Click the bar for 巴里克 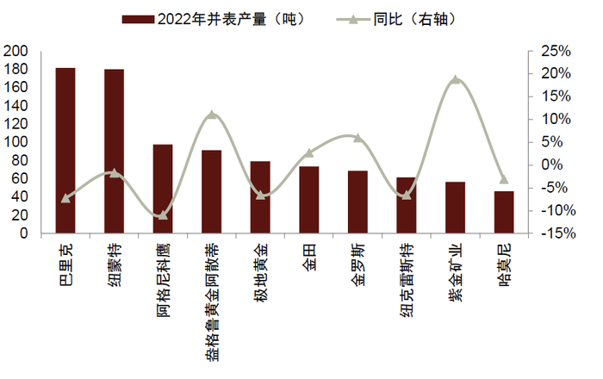click(x=65, y=151)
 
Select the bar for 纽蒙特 click(x=114, y=152)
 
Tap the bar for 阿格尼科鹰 click(x=163, y=189)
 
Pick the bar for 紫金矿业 click(x=455, y=208)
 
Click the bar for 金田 click(x=309, y=200)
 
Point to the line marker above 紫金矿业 click(x=456, y=80)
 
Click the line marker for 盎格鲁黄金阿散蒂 click(x=212, y=115)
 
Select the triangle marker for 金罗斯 click(x=357, y=138)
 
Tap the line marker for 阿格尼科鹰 click(x=163, y=214)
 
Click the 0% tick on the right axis click(x=551, y=165)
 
